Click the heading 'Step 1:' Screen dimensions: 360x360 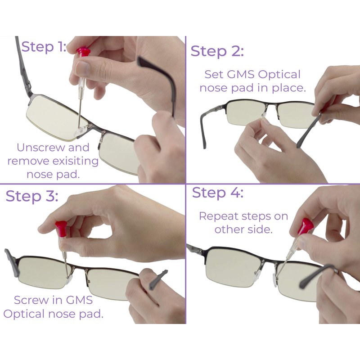tap(44, 47)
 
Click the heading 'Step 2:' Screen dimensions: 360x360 tap(217, 51)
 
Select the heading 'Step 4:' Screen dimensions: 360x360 tap(217, 193)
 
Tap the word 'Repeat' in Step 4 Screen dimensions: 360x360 tap(218, 216)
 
